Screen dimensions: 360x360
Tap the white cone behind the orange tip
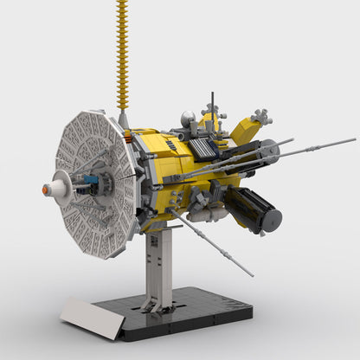tap(57, 184)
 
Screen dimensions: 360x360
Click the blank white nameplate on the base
tap(91, 317)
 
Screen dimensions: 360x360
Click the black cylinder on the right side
tap(253, 209)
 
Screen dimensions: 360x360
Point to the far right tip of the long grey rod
tap(352, 138)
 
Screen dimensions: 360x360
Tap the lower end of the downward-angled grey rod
tap(252, 274)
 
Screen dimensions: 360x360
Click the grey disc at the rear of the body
tap(269, 153)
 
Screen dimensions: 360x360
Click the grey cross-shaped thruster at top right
tap(257, 116)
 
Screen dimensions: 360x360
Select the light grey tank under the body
tap(208, 212)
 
